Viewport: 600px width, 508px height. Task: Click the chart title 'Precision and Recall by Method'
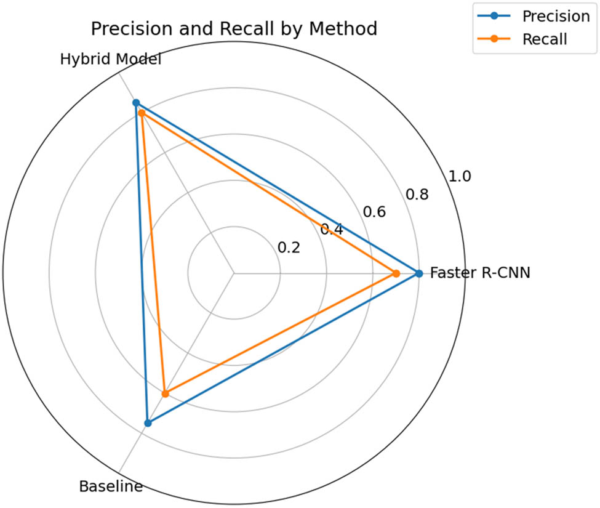click(233, 29)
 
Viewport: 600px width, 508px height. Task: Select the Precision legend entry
click(555, 17)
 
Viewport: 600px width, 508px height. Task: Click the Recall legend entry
click(544, 39)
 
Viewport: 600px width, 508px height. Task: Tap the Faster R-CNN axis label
click(479, 273)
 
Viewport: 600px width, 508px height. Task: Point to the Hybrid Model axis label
click(111, 60)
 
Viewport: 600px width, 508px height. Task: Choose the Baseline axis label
click(111, 486)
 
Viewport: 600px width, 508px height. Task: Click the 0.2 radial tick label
click(289, 248)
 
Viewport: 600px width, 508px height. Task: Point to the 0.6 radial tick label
click(374, 212)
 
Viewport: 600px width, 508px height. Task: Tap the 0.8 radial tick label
click(417, 195)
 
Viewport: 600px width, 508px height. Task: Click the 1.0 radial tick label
click(459, 177)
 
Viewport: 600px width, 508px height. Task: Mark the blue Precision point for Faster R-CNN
click(419, 273)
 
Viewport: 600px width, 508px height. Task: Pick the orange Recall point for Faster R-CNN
click(396, 273)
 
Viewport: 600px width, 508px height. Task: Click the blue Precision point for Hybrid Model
click(136, 103)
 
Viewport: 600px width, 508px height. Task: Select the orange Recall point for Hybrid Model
click(141, 113)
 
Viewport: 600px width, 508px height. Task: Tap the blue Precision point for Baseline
click(148, 423)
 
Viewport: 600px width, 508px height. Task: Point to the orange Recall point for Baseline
click(164, 393)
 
